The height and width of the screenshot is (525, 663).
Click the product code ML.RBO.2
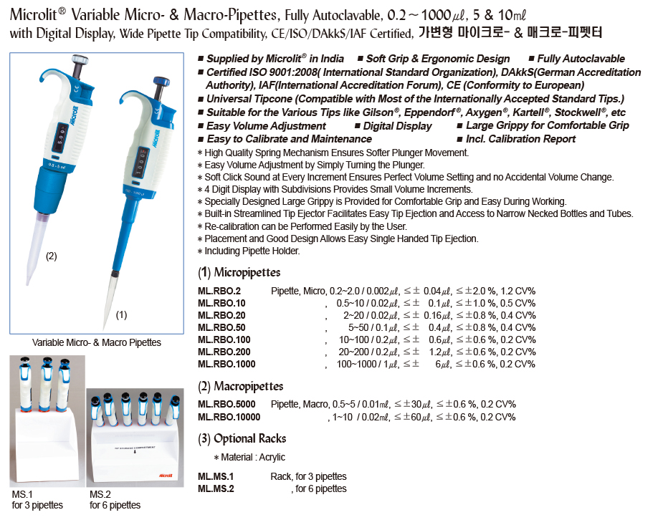tap(219, 291)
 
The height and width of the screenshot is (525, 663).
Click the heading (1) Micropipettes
tap(239, 272)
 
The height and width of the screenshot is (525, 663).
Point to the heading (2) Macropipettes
tap(240, 386)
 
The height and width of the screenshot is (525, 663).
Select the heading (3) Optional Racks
tap(242, 438)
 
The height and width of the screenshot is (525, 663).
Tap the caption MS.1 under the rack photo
tap(22, 494)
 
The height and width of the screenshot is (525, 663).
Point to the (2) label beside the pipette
tap(51, 256)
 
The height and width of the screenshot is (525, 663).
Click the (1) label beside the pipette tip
tap(121, 314)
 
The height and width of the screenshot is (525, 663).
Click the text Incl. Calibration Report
tap(520, 139)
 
